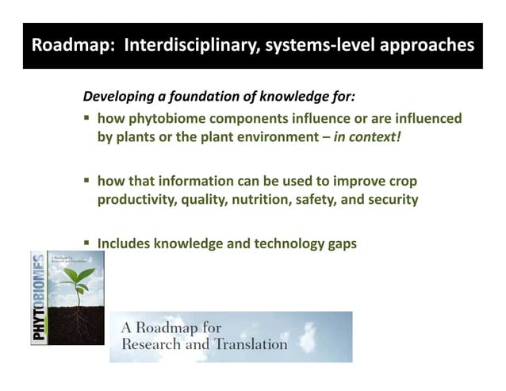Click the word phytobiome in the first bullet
(165, 119)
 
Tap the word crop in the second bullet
(401, 182)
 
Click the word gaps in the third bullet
(342, 244)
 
